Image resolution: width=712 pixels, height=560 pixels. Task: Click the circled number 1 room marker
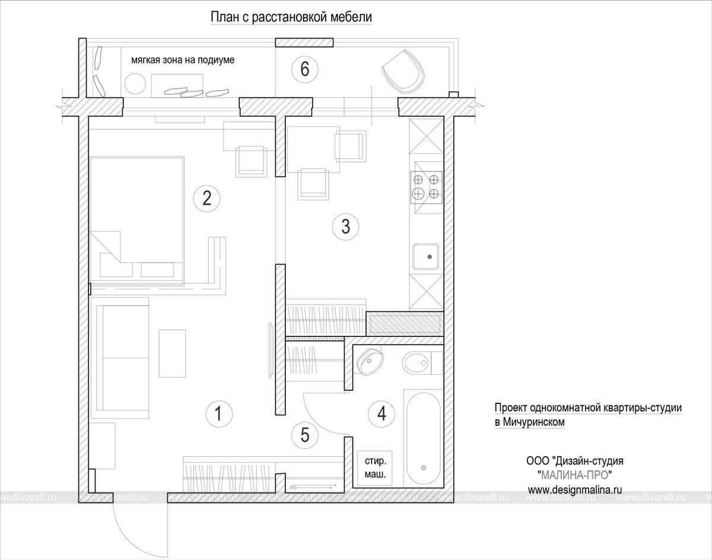pyautogui.click(x=219, y=414)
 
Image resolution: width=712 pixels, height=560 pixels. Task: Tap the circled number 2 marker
pyautogui.click(x=207, y=199)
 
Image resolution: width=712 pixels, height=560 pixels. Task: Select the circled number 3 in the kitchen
pyautogui.click(x=346, y=227)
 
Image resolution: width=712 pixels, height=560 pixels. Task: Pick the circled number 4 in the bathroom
pyautogui.click(x=382, y=414)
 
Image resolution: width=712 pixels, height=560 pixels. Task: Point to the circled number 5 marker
pyautogui.click(x=305, y=435)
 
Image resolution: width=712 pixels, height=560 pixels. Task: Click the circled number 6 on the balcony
pyautogui.click(x=305, y=69)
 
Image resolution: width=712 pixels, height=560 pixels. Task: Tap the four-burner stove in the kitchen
pyautogui.click(x=427, y=187)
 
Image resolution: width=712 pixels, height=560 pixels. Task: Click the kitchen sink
pyautogui.click(x=426, y=257)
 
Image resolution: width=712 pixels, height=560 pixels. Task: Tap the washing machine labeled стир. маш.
pyautogui.click(x=375, y=468)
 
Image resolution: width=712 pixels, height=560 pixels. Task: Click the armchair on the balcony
pyautogui.click(x=403, y=72)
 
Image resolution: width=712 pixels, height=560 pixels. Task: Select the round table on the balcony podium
pyautogui.click(x=135, y=84)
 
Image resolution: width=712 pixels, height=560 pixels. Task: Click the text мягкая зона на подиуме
pyautogui.click(x=183, y=60)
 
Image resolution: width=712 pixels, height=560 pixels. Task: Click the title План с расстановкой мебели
pyautogui.click(x=291, y=17)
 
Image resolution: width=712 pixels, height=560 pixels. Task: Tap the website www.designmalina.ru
pyautogui.click(x=575, y=489)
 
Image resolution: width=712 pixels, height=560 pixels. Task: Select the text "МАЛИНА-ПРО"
pyautogui.click(x=575, y=475)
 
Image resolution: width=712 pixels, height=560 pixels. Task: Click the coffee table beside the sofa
pyautogui.click(x=172, y=354)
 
